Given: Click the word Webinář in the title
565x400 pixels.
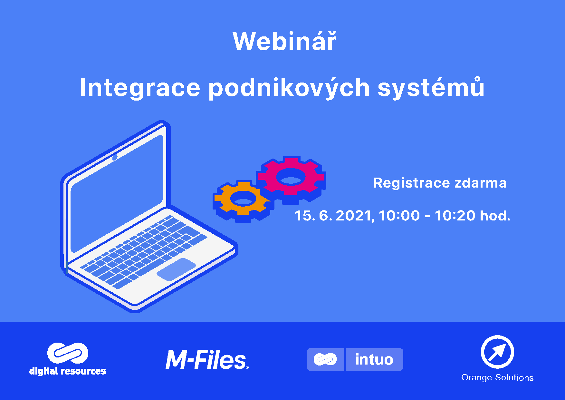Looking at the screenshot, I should click(x=284, y=42).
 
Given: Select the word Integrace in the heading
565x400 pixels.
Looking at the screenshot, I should click(x=140, y=88).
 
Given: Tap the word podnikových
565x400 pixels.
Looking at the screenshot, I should click(x=289, y=88).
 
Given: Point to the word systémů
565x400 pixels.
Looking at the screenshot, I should click(x=431, y=88).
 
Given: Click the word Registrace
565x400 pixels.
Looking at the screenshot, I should click(x=411, y=183).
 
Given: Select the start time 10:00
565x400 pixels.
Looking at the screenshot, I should click(x=399, y=216).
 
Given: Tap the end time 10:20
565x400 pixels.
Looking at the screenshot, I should click(x=455, y=216).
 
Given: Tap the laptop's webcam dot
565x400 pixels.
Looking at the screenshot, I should click(x=115, y=158).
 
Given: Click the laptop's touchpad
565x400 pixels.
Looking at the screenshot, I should click(x=176, y=269).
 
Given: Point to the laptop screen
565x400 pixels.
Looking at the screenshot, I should click(x=117, y=193).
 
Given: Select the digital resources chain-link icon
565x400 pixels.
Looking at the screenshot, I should click(x=68, y=353).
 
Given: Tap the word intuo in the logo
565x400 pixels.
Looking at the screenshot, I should click(x=374, y=359).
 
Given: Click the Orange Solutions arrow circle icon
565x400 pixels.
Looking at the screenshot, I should click(x=497, y=352).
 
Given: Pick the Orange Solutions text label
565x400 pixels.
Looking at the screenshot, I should click(x=497, y=377).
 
